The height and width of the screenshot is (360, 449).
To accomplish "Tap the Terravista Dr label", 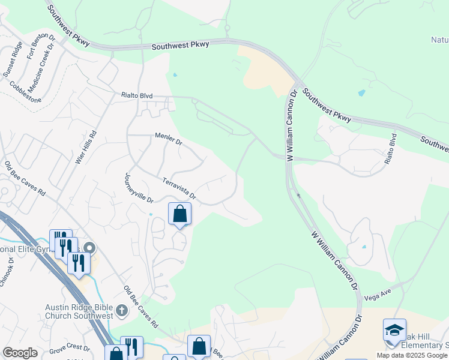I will pyautogui.click(x=179, y=188).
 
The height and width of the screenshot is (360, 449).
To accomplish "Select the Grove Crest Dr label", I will pyautogui.click(x=70, y=348).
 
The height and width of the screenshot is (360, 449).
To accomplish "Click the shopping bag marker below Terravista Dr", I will pyautogui.click(x=179, y=214).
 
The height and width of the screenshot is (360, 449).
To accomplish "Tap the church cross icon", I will pyautogui.click(x=122, y=310).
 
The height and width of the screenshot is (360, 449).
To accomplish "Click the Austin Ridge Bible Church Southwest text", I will pyautogui.click(x=79, y=311).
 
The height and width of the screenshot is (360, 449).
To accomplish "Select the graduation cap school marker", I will pyautogui.click(x=394, y=330).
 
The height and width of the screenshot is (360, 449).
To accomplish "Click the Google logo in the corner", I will pyautogui.click(x=20, y=353).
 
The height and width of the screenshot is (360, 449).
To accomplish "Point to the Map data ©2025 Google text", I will pyautogui.click(x=412, y=355).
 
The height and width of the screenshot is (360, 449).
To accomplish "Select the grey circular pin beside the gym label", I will pyautogui.click(x=89, y=248).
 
